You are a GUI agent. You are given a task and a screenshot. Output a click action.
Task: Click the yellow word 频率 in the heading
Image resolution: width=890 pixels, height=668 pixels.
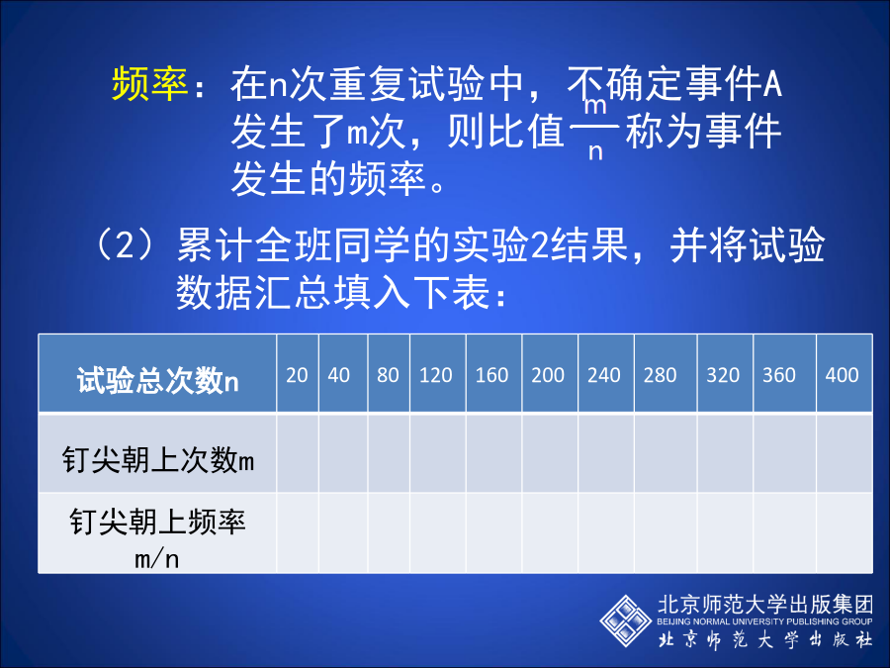150,84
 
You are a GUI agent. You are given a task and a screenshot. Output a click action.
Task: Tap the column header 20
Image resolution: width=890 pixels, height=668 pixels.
297,375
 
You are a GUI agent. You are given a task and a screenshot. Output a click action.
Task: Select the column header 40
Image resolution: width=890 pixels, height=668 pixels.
339,375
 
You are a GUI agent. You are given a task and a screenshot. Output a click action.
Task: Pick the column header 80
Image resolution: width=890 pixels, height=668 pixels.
389,375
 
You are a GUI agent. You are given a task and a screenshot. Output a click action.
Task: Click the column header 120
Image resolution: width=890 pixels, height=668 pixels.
436,375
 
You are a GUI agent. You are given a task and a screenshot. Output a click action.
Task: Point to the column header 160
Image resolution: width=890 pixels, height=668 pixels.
492,375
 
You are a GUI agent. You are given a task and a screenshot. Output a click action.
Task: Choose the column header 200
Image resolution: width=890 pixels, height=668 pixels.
548,375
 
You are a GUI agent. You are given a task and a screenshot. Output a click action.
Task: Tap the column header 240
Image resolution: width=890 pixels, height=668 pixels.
604,375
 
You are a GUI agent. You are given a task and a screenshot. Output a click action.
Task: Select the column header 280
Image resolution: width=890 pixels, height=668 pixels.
661,375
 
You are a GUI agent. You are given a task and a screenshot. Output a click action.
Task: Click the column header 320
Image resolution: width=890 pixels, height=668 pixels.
723,375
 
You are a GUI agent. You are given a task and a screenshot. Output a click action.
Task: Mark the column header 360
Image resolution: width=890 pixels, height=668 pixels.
779,375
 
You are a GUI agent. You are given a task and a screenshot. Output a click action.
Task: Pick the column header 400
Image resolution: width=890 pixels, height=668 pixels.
843,375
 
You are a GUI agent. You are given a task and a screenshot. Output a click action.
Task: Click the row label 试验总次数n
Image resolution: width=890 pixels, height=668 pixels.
158,381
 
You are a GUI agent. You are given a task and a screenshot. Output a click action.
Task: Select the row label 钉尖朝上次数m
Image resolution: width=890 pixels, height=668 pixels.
158,459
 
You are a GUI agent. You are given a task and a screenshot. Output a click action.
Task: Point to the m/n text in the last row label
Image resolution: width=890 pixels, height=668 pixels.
157,559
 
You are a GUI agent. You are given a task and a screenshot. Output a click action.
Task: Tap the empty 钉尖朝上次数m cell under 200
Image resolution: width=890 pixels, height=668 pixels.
550,453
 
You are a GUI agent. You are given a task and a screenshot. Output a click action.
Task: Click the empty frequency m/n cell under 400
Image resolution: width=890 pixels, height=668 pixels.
845,532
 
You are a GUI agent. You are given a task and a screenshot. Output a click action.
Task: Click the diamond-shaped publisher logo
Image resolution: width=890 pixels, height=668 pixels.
626,620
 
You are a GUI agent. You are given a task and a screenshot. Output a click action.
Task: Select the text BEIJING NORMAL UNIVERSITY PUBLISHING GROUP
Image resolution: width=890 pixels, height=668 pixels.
764,621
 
